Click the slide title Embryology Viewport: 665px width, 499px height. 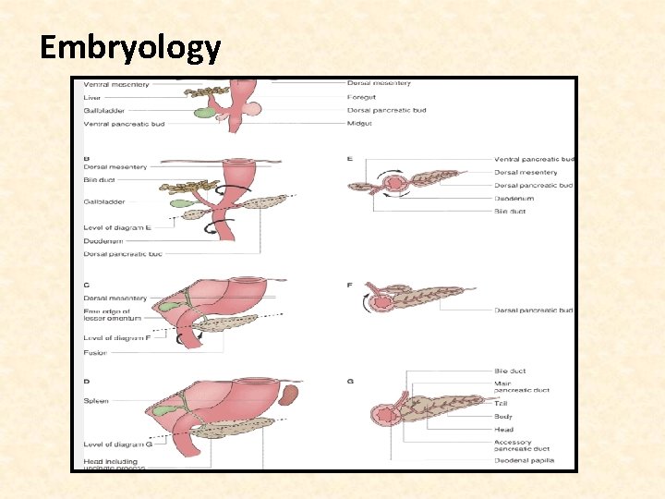click(x=130, y=47)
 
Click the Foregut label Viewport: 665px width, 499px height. click(x=361, y=96)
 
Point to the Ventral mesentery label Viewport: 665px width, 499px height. click(x=116, y=84)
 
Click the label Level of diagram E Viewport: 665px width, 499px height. click(x=116, y=227)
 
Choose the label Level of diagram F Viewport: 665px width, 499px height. click(x=116, y=338)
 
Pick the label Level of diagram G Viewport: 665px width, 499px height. click(x=117, y=445)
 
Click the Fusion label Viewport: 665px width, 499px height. click(x=95, y=352)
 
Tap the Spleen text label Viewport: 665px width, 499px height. click(x=96, y=401)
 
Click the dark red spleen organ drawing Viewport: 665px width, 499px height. click(x=288, y=396)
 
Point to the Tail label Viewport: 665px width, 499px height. click(x=502, y=403)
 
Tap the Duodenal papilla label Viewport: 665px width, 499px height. click(x=525, y=460)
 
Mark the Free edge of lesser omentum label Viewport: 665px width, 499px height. click(x=113, y=314)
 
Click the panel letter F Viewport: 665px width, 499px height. click(x=349, y=285)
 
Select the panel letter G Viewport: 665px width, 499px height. click(x=350, y=382)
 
